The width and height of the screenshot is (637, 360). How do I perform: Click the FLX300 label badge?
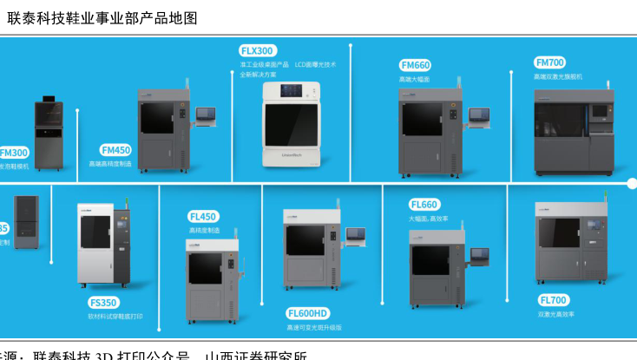coord(258,50)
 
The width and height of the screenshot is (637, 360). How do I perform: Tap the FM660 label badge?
coord(415,65)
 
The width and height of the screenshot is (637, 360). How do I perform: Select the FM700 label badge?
coord(550,62)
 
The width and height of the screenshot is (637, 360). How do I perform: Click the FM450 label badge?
coord(115,149)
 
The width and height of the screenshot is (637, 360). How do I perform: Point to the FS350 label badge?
coord(103,303)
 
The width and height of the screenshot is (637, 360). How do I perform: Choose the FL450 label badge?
coord(203,216)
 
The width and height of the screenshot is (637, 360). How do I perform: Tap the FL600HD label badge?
coord(308,312)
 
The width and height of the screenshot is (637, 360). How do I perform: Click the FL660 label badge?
coord(424,205)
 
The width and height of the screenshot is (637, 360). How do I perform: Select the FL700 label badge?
coord(553,300)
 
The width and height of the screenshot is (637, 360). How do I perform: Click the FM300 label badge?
coord(14,152)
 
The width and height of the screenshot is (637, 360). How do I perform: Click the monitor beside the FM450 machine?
coord(207,115)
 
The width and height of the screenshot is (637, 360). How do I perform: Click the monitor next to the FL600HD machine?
coord(356,234)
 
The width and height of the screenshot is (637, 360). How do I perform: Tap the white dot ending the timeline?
coord(632,183)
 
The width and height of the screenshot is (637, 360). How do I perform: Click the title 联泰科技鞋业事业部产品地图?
coord(102,17)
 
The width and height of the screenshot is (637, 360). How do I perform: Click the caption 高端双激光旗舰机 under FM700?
coord(558,76)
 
